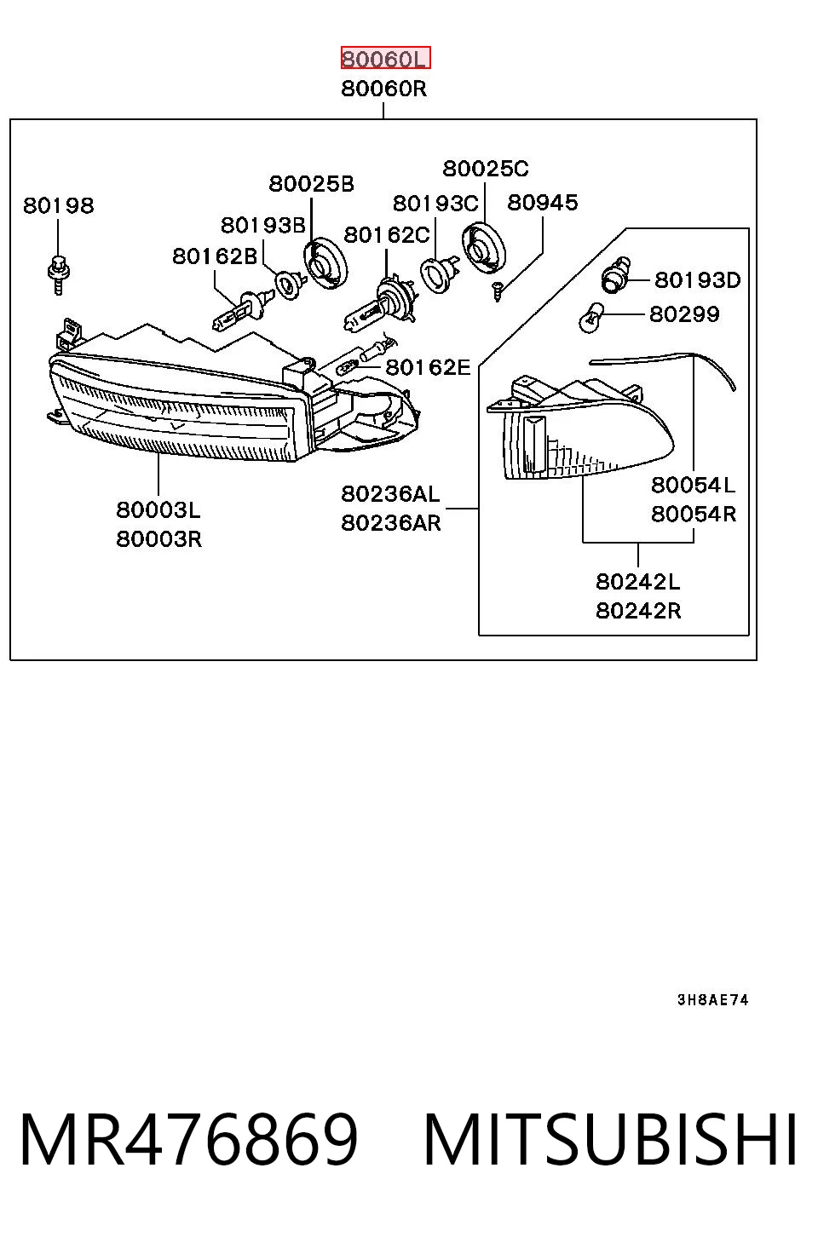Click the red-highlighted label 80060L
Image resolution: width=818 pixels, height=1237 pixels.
tap(385, 58)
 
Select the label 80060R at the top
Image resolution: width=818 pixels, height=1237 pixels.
tap(384, 89)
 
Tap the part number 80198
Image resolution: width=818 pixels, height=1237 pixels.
tap(59, 205)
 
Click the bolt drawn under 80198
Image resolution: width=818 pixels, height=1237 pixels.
tap(58, 274)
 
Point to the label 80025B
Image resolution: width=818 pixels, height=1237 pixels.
tap(312, 183)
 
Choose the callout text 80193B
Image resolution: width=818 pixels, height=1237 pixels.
tap(263, 225)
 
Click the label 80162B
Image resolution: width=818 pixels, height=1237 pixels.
tap(215, 256)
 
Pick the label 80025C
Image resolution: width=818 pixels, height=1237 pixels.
tap(486, 169)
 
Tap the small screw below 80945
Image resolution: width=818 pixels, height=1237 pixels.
tap(498, 291)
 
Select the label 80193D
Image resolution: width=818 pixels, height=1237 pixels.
tap(698, 280)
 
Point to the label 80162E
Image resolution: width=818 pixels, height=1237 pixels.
tap(428, 366)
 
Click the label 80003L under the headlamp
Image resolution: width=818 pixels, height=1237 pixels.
tap(158, 509)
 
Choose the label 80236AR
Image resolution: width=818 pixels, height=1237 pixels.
tap(391, 522)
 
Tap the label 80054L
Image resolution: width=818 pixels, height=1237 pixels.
tap(694, 485)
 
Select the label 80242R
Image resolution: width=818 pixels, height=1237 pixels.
tap(638, 611)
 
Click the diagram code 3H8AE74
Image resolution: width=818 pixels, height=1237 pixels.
tap(713, 1000)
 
